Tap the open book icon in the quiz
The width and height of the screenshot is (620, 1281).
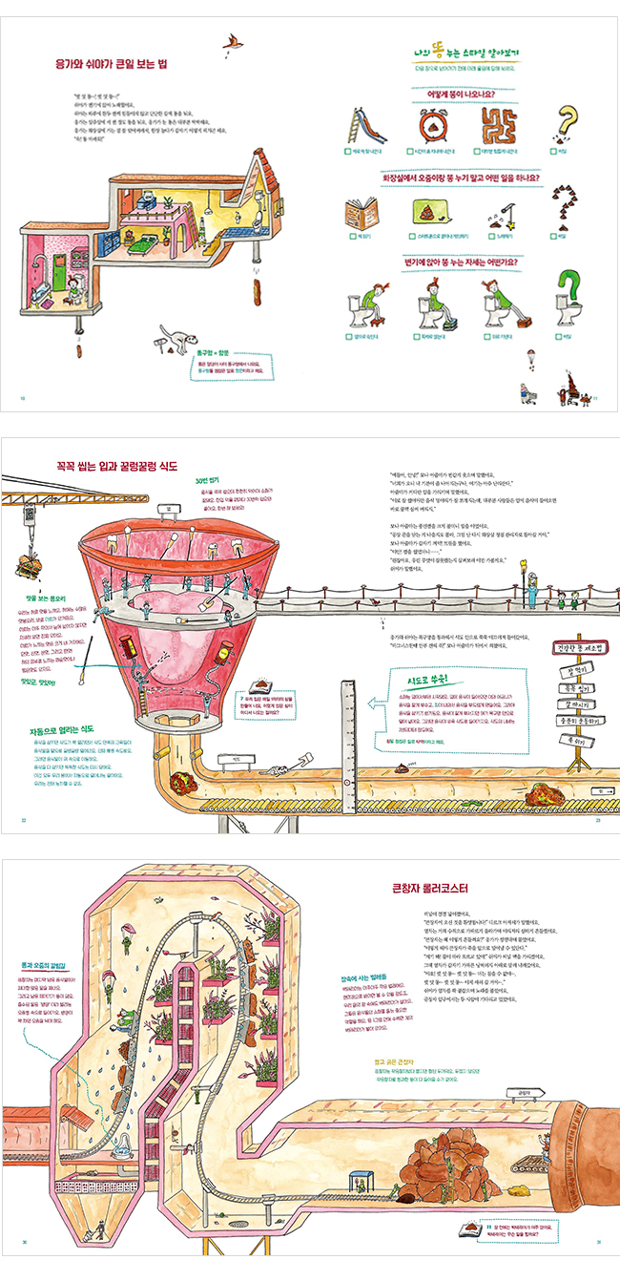362,211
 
